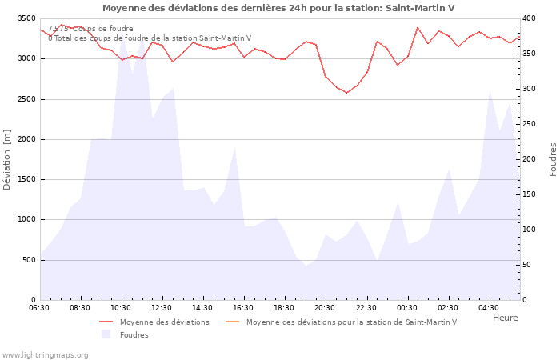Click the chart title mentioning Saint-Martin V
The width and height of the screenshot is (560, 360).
click(278, 8)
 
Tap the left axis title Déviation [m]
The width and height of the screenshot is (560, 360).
click(7, 159)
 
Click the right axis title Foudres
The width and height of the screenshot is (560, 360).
click(553, 159)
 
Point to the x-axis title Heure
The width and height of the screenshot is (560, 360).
click(505, 318)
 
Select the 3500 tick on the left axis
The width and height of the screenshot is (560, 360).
click(26, 18)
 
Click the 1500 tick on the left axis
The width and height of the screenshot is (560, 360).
click(26, 179)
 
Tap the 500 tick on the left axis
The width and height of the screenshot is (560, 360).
click(29, 260)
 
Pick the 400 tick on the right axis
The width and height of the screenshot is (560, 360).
click(530, 18)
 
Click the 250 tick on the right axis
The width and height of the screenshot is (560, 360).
click(530, 124)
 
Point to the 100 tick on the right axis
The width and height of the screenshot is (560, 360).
click(530, 230)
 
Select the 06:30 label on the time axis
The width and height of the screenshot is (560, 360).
click(39, 308)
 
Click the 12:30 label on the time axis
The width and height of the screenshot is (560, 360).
click(162, 308)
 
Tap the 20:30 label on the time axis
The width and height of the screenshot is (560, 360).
click(325, 308)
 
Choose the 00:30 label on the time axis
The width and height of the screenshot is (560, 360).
click(406, 308)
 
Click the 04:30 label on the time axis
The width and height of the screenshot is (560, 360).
click(488, 308)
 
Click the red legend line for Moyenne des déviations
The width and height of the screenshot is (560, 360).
click(106, 322)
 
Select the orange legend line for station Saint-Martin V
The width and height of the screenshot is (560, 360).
click(232, 322)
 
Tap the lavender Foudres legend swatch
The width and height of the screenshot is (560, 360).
click(106, 334)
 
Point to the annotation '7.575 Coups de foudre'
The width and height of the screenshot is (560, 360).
click(90, 29)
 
